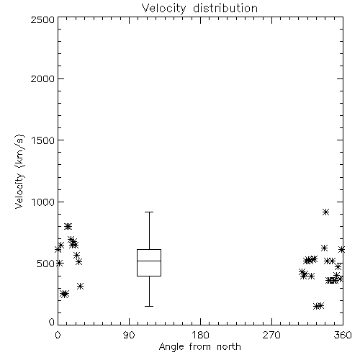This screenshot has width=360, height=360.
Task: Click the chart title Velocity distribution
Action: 199,8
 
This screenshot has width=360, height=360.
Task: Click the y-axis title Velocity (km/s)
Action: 19,171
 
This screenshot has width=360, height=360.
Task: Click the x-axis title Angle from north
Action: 199,347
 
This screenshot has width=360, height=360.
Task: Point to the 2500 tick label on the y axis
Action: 42,19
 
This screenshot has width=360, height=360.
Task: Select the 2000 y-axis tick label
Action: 42,78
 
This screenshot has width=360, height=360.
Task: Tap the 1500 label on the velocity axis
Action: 43,140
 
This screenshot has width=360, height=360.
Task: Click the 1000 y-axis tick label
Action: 43,202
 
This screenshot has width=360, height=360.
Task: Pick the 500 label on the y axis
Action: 46,264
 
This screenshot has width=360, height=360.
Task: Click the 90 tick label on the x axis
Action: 129,335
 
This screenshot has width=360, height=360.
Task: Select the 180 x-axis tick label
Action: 200,335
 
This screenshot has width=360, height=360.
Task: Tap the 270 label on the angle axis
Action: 271,335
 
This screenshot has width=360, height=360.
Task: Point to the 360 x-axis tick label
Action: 343,335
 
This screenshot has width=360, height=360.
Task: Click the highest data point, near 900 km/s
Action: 325,212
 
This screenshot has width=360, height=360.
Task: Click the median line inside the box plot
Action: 149,261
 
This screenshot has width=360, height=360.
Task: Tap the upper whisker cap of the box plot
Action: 149,212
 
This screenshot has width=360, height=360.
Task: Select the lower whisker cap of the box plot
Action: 149,306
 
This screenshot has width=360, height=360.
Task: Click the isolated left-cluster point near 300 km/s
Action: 81,286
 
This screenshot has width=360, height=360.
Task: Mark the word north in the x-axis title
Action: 229,347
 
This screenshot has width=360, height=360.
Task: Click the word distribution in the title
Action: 225,8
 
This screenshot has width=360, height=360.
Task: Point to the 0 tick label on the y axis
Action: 52,322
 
